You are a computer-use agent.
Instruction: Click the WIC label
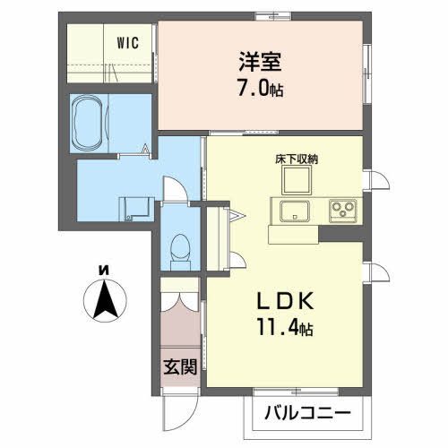[128, 43]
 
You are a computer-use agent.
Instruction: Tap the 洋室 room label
[260, 62]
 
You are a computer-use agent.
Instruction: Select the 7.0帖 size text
[260, 89]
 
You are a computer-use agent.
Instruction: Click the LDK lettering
[285, 300]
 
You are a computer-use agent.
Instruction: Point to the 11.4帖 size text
[285, 327]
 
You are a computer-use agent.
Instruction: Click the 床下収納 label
[297, 159]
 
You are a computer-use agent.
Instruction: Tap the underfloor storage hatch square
[297, 180]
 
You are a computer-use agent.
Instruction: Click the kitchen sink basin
[294, 211]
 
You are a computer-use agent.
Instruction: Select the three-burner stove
[343, 211]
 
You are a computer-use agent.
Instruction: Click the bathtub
[88, 123]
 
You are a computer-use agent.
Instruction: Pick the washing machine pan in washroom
[136, 209]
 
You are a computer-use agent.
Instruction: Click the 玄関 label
[180, 366]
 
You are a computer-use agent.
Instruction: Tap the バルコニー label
[307, 413]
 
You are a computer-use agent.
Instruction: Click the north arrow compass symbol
[105, 300]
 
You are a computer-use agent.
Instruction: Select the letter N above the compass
[104, 271]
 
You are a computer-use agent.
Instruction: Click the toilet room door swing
[177, 189]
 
